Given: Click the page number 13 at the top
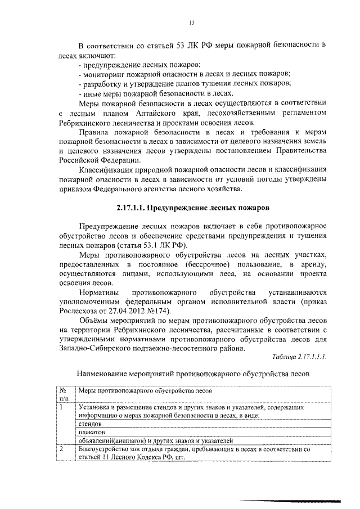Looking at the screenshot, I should pyautogui.click(x=191, y=22).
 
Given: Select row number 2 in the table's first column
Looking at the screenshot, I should pyautogui.click(x=62, y=449).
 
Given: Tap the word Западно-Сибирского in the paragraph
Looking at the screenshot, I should pyautogui.click(x=96, y=346).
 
